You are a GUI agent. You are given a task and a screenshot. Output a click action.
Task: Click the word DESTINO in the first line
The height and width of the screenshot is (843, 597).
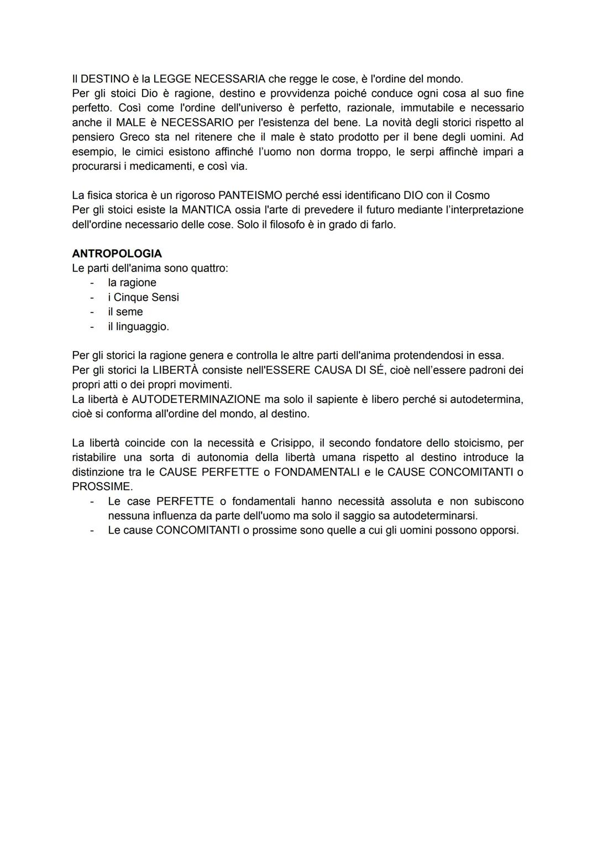click(105, 79)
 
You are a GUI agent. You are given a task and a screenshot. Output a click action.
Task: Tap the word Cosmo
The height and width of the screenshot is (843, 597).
click(472, 195)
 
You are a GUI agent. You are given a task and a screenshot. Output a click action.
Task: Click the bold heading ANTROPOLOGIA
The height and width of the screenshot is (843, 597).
click(117, 254)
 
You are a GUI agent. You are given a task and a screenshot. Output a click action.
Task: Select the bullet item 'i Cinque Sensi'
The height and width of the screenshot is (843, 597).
click(143, 297)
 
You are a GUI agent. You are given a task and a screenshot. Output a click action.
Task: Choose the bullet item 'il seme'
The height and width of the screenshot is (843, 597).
click(125, 312)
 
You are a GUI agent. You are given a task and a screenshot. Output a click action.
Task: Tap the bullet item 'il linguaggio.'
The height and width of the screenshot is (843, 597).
click(138, 327)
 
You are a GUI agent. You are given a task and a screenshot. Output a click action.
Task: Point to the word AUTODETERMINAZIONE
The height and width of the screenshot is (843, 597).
click(196, 399)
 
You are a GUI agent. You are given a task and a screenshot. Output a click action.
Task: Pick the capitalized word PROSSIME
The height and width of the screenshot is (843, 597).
click(102, 486)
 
